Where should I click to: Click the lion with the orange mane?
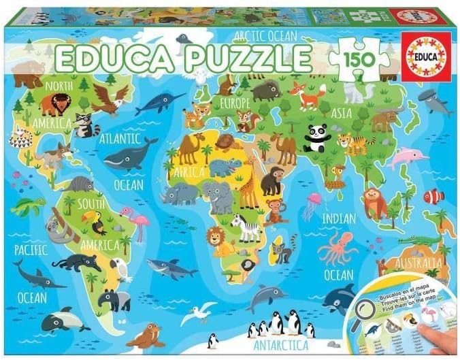[217, 238]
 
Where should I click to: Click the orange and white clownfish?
[433, 196]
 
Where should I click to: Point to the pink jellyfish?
[313, 203]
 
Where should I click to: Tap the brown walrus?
[144, 336]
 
